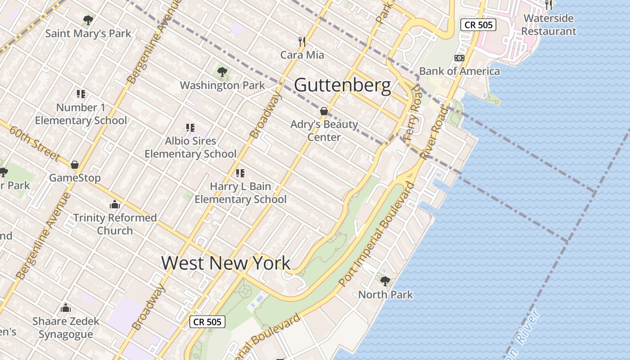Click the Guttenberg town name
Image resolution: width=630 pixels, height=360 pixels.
[342, 85]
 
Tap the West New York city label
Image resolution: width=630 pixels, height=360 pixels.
[226, 263]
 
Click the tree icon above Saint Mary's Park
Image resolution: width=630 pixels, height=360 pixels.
[88, 20]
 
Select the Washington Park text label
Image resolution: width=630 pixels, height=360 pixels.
[222, 85]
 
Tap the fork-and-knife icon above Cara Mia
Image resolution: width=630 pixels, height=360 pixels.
[302, 42]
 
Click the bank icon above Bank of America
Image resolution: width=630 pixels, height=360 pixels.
[459, 58]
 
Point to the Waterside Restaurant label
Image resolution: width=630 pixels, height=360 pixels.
[549, 25]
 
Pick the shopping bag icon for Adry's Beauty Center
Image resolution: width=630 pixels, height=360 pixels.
[324, 111]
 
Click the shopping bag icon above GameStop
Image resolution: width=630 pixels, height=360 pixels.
[75, 165]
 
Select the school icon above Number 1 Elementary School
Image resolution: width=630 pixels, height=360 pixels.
[81, 94]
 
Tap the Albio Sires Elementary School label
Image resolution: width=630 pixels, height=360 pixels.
[190, 147]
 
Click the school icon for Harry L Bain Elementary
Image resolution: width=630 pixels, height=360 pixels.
[240, 173]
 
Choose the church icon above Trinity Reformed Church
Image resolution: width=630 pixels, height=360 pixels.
[115, 205]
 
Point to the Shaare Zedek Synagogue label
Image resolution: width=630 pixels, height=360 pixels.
[66, 328]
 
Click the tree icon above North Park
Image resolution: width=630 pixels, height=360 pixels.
[385, 282]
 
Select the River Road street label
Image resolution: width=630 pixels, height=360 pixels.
[434, 133]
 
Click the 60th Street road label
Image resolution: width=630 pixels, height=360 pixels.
[34, 142]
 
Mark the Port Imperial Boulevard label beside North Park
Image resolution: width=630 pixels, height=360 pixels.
[376, 234]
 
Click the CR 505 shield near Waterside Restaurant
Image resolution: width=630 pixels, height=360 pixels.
[478, 25]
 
